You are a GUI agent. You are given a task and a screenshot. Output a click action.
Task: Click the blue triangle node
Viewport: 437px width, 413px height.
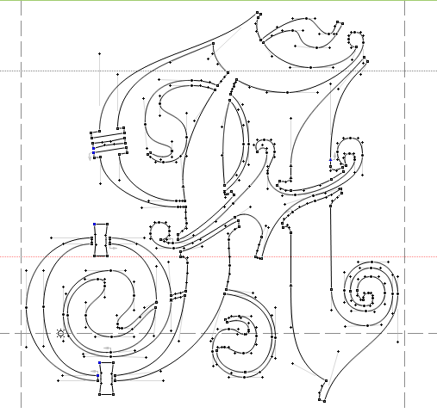(x=330, y=159)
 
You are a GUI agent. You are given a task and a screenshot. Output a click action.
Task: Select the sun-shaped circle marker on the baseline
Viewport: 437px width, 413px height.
(x=60, y=333)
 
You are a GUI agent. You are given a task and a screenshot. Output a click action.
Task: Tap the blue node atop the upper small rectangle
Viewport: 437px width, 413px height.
(x=95, y=225)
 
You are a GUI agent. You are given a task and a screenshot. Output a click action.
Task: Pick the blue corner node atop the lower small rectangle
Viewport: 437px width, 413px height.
(x=100, y=363)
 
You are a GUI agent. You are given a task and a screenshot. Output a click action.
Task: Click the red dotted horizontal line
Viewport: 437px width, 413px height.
(x=218, y=256)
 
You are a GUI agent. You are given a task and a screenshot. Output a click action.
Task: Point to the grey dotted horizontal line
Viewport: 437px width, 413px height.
(x=218, y=71)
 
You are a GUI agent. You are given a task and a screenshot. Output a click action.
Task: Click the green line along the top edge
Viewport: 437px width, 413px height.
(x=218, y=0)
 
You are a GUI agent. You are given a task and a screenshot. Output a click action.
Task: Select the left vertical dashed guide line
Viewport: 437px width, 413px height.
(x=21, y=204)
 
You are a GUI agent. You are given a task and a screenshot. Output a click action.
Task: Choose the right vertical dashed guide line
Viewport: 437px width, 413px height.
(x=404, y=204)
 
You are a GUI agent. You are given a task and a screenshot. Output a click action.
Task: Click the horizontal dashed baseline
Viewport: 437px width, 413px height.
(x=218, y=334)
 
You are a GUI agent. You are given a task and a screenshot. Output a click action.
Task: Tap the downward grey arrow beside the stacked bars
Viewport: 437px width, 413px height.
(x=91, y=157)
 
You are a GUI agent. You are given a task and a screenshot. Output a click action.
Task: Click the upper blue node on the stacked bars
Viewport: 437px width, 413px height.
(x=94, y=149)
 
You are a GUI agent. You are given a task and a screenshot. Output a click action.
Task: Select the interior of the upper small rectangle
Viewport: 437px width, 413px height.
(x=101, y=240)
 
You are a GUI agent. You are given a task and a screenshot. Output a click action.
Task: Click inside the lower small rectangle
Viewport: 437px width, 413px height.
(x=106, y=379)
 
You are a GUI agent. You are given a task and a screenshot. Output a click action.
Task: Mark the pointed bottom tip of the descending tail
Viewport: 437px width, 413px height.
(x=324, y=401)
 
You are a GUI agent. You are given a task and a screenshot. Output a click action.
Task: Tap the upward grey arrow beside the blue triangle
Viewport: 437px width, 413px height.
(x=334, y=157)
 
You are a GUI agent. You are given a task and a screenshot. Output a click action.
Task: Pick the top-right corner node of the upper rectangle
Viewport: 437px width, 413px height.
(x=108, y=225)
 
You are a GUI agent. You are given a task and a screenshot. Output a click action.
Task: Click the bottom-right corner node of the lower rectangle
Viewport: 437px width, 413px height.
(x=114, y=395)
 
